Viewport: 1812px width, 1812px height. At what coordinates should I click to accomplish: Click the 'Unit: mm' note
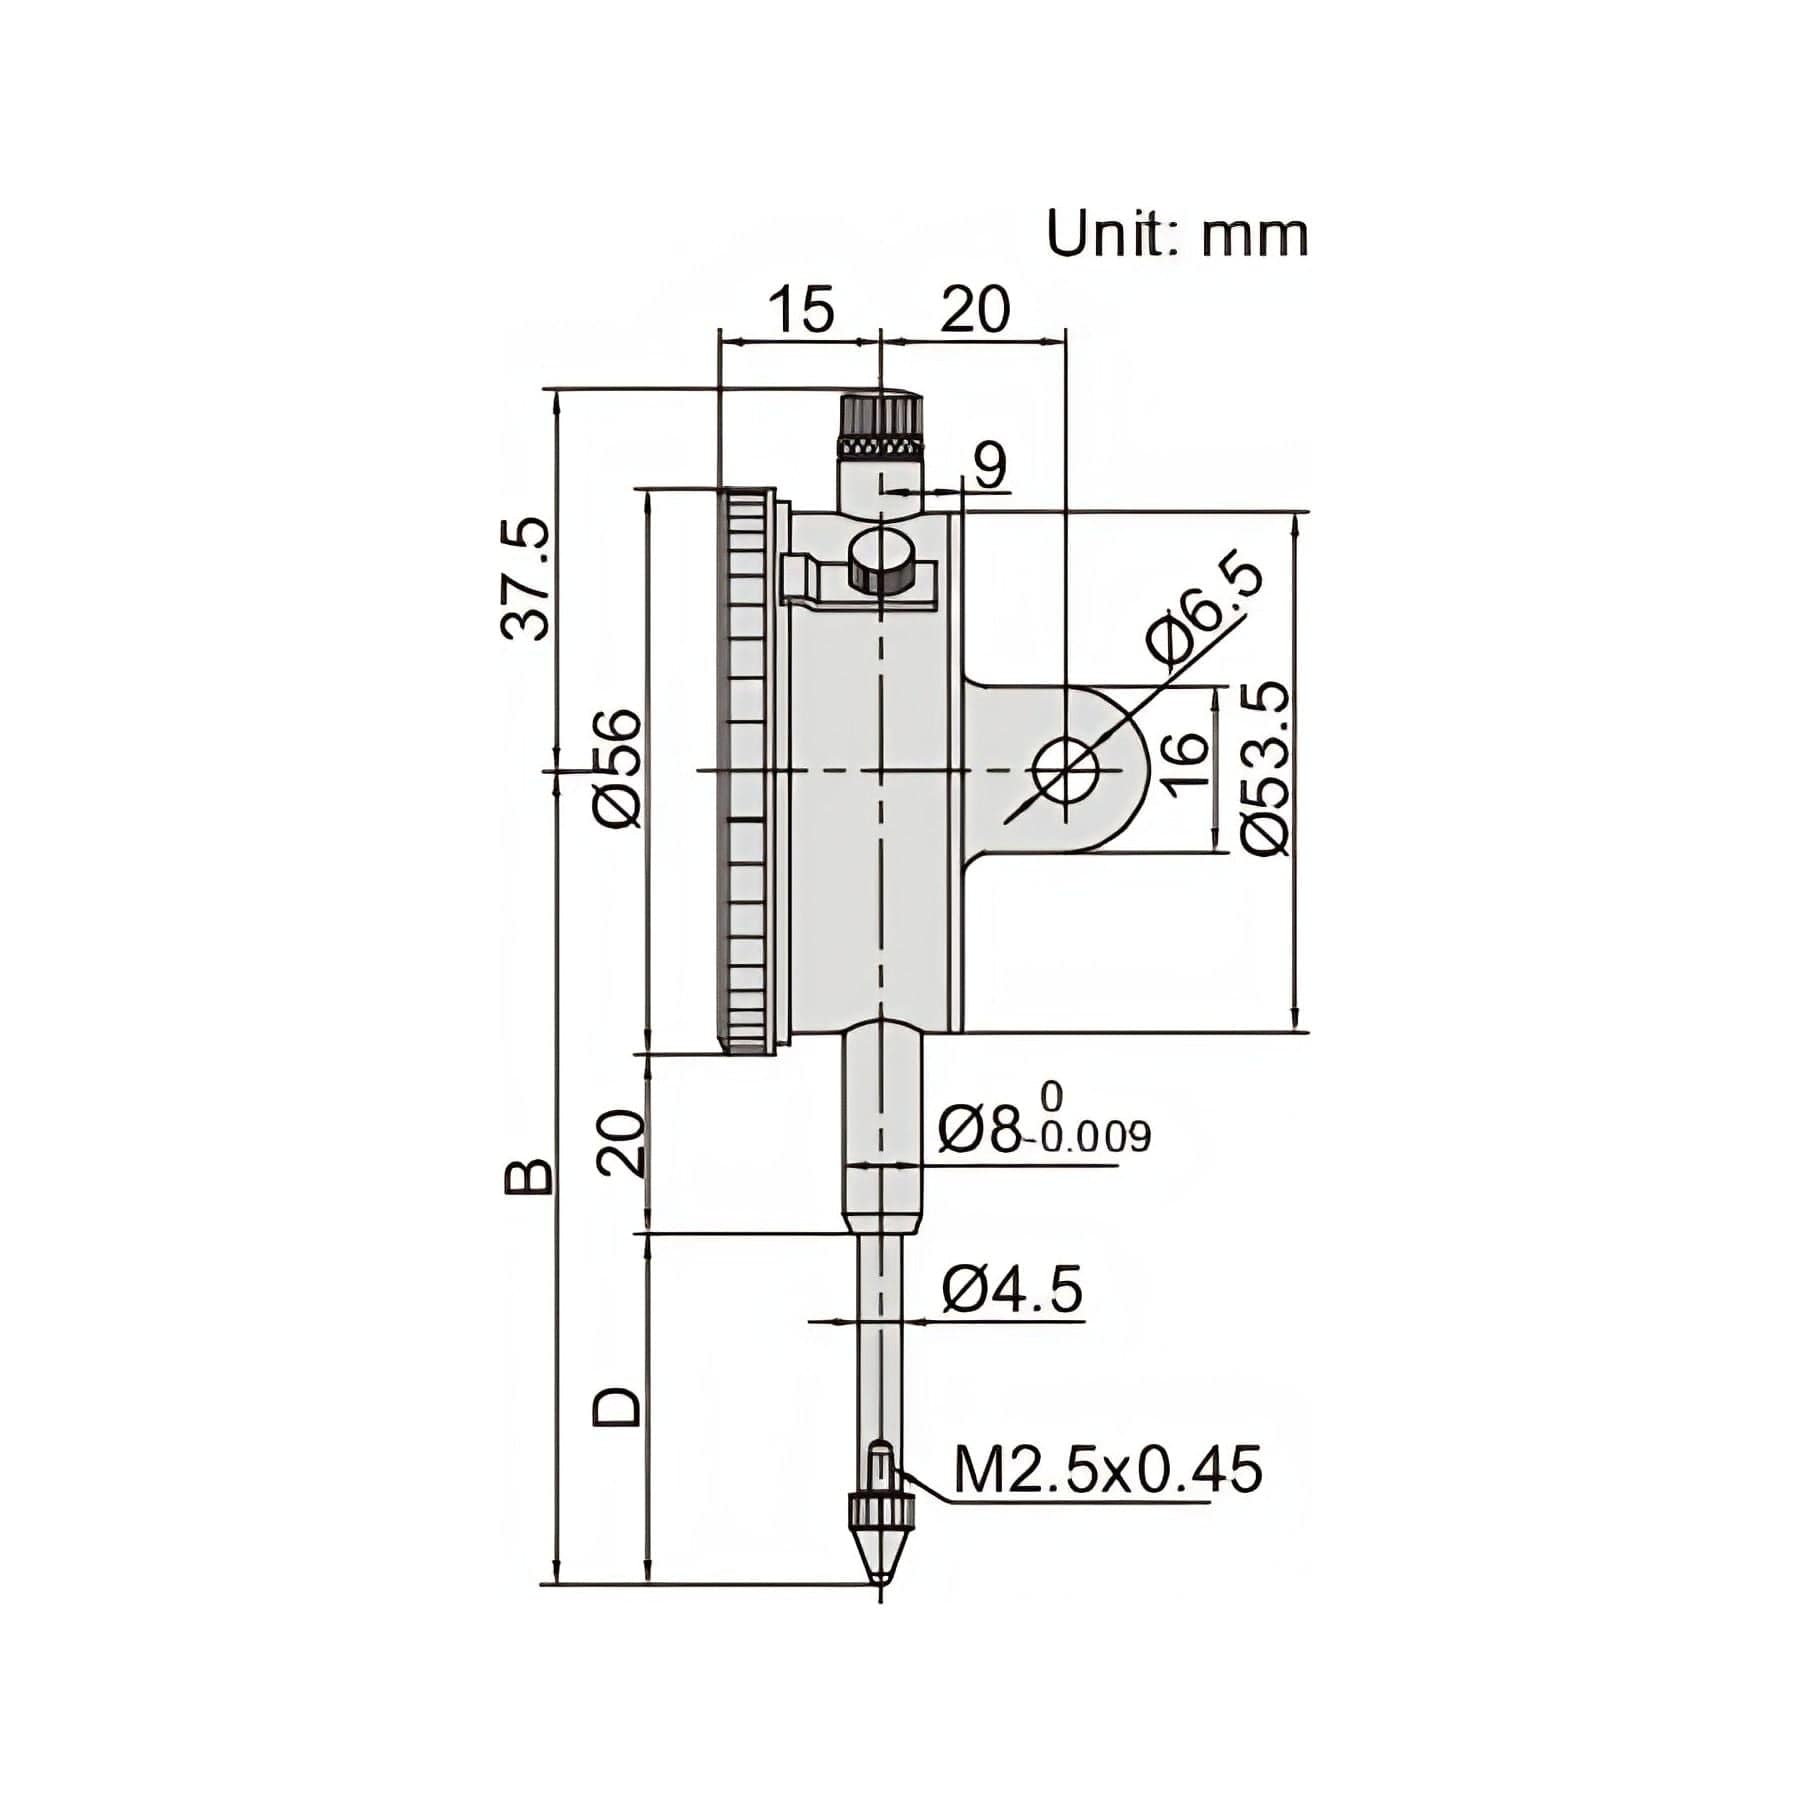coord(1176,235)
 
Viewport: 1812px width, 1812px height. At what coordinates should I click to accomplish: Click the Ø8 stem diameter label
coord(980,1130)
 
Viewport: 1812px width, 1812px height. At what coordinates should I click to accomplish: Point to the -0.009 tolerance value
coord(1096,1137)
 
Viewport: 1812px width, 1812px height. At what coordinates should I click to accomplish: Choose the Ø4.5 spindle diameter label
coord(1012,1291)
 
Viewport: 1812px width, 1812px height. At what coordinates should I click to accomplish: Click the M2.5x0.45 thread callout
coord(1108,1470)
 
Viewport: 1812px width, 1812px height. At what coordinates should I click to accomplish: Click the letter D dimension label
coord(616,1405)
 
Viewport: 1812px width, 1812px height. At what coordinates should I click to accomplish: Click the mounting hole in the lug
coord(1067,770)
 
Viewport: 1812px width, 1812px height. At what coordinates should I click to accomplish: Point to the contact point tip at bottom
coord(880,1574)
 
